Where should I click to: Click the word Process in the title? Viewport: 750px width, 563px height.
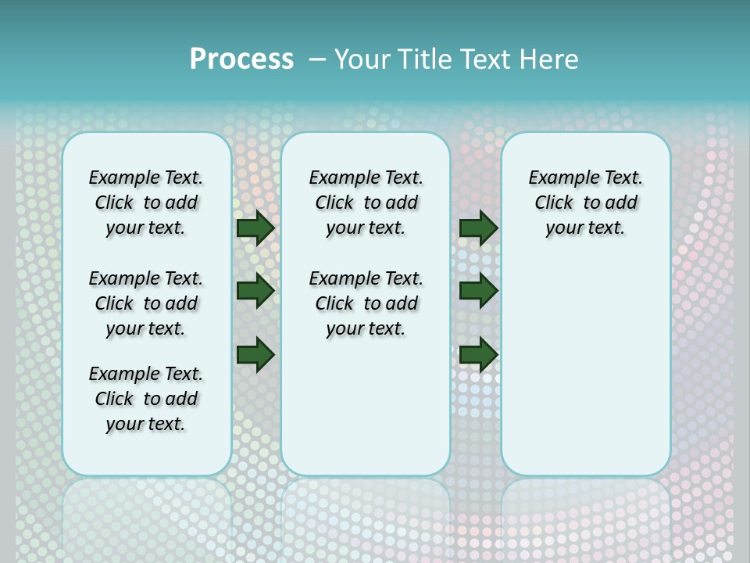click(x=241, y=59)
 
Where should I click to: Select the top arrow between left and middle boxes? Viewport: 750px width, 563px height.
click(x=255, y=228)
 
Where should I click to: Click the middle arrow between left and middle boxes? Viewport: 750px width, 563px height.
click(x=255, y=291)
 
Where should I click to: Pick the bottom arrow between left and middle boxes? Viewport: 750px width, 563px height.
click(x=255, y=354)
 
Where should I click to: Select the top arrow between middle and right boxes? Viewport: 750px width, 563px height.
click(x=478, y=228)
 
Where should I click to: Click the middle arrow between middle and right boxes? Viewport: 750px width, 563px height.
click(x=478, y=291)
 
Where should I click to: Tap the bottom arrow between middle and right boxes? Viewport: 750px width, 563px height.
click(x=478, y=354)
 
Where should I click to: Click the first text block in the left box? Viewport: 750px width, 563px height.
click(x=146, y=203)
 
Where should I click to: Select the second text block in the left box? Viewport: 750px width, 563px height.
click(x=146, y=303)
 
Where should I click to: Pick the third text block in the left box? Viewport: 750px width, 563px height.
click(x=146, y=399)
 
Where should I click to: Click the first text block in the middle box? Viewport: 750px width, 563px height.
click(x=366, y=203)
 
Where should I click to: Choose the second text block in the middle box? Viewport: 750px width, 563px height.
click(x=366, y=303)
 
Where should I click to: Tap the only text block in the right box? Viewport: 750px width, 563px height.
click(x=586, y=203)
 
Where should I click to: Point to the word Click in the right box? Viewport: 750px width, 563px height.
click(x=554, y=203)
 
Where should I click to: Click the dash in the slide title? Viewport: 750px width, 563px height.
click(x=317, y=59)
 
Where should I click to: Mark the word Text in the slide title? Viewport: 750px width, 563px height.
click(x=486, y=59)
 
